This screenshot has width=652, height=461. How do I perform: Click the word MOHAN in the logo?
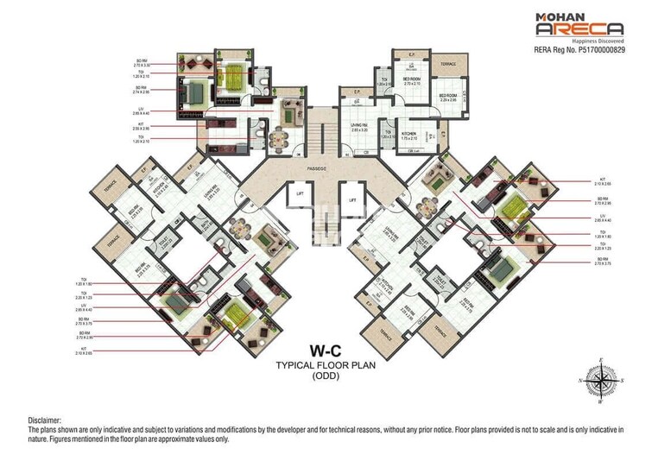(x=558, y=16)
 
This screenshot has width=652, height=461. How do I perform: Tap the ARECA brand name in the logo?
(x=579, y=32)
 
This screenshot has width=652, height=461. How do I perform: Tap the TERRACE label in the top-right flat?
(x=448, y=64)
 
